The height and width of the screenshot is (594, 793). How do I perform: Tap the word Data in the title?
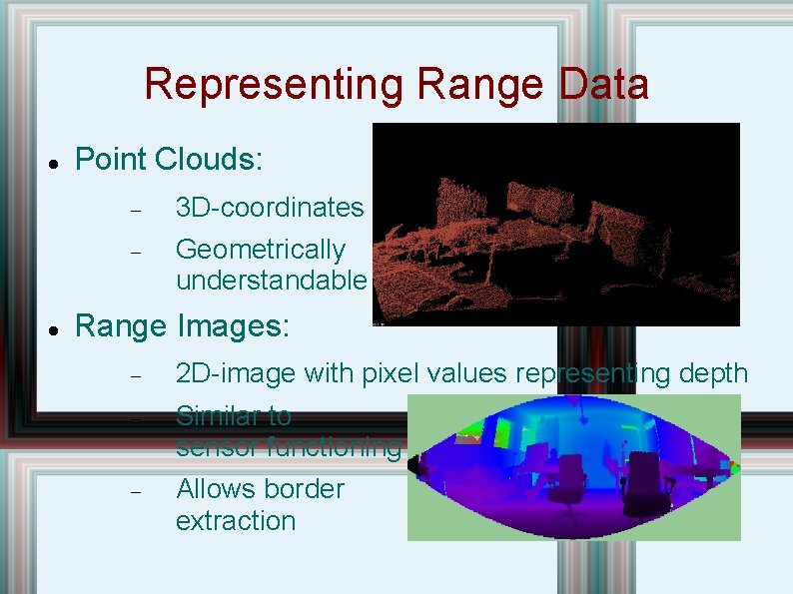(604, 85)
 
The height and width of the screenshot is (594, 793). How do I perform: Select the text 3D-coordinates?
(270, 208)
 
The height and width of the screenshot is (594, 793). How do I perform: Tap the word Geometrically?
(260, 250)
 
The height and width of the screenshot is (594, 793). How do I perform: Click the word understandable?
(271, 281)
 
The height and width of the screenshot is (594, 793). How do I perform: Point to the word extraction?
(236, 521)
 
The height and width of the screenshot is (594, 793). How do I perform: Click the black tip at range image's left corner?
(414, 464)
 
